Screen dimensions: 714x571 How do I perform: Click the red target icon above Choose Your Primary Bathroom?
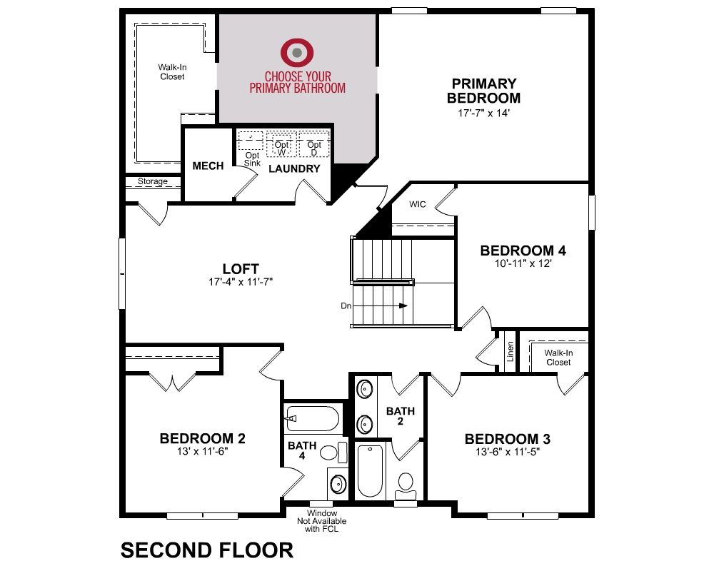(297, 53)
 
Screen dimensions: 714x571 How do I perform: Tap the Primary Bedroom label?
(483, 91)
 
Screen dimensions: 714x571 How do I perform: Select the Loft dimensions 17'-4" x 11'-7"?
(241, 282)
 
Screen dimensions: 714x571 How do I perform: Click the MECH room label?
(208, 166)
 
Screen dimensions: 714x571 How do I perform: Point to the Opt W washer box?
(281, 144)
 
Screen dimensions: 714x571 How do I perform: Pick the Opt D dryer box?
(314, 144)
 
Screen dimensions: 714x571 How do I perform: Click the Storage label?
(153, 181)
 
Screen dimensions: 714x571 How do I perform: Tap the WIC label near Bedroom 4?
(418, 204)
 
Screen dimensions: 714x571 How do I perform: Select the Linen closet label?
(510, 352)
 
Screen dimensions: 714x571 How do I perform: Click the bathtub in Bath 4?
(313, 418)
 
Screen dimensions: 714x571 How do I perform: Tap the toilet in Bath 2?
(406, 486)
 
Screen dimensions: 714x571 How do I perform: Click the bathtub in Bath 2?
(370, 471)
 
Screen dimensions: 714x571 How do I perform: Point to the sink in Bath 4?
(338, 484)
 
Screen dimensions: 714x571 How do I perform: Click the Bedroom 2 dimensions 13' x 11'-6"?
(202, 452)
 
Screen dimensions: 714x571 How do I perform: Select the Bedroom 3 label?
(507, 439)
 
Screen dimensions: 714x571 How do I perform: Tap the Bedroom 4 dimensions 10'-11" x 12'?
(523, 263)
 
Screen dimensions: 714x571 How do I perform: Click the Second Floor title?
(207, 550)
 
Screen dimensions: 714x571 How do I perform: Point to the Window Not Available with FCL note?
(322, 521)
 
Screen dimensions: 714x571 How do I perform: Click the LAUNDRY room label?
(294, 169)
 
